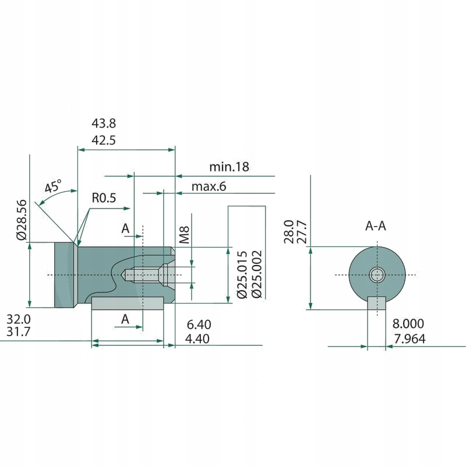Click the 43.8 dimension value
pos(104,123)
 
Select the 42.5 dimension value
pos(104,140)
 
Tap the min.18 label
pos(229,167)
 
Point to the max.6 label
pos(209,187)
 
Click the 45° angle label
pos(53,187)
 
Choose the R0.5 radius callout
pos(104,198)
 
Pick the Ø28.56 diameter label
pos(22,220)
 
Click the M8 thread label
pos(185,235)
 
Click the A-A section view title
pos(376,226)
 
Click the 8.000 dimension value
pos(408,323)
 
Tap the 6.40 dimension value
pos(199,324)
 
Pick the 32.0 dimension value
pos(19,319)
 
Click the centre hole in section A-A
pos(377,275)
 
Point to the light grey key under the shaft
pos(127,303)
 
